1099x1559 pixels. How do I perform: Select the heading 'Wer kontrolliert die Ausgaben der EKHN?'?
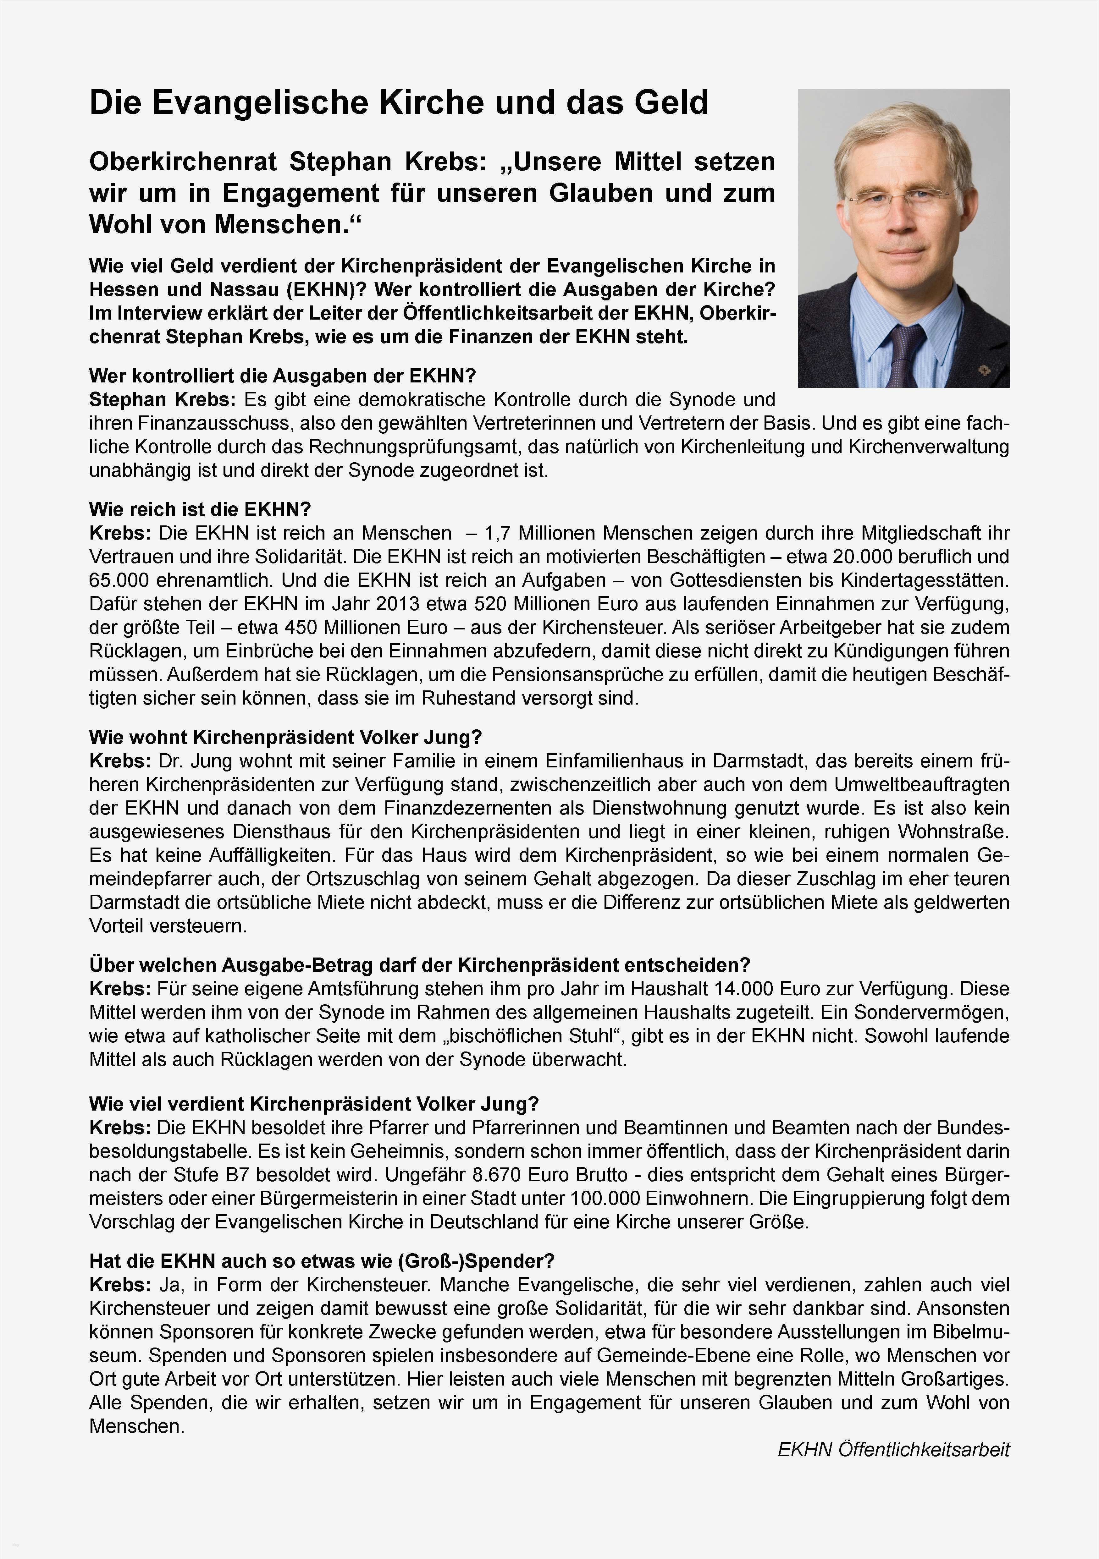283,376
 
